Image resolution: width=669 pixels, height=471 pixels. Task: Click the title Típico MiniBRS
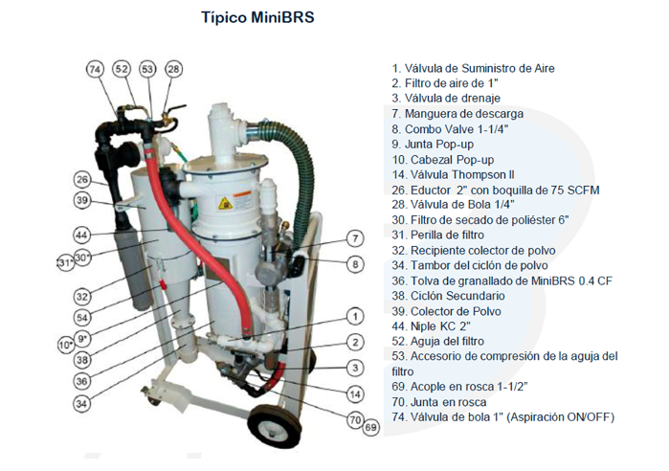coord(257,17)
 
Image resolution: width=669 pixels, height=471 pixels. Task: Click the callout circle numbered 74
coord(94,69)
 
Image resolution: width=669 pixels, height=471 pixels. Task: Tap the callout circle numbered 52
coord(122,69)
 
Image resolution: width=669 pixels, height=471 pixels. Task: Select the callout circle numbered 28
coord(173,69)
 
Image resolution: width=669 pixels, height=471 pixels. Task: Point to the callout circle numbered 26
coord(83,180)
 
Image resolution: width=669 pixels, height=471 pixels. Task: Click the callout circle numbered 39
coord(83,200)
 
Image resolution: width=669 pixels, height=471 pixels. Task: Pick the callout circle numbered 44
coord(82,235)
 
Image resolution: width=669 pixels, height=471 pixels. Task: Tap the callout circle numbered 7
coord(355,238)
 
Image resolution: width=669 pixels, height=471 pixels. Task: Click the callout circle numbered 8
coord(355,264)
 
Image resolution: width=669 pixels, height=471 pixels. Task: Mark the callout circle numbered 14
coord(355,393)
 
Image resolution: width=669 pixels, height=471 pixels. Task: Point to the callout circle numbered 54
coord(82,317)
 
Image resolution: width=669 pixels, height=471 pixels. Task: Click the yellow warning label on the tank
coord(226,203)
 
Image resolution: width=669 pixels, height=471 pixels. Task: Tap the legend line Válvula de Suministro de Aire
coord(473,69)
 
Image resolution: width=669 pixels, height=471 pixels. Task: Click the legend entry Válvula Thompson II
coord(459,174)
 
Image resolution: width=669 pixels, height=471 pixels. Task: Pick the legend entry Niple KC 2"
coord(436,326)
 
